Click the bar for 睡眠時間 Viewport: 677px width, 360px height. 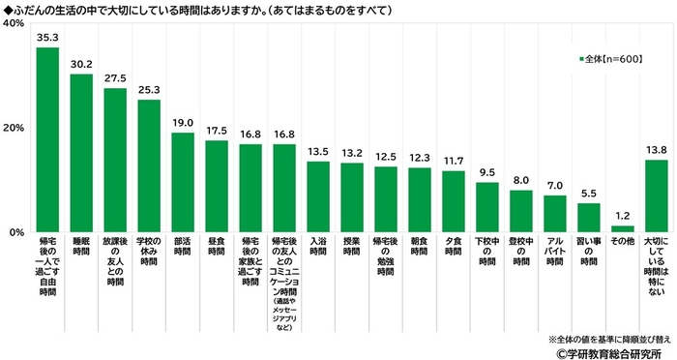coord(81,153)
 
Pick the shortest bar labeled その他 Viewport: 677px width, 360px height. coord(623,229)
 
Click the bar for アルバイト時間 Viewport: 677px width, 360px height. coord(555,214)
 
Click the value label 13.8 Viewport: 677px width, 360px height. coord(656,151)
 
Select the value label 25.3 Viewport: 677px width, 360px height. coord(149,91)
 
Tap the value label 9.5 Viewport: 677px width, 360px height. coord(487,173)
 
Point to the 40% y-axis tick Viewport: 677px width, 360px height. coord(15,23)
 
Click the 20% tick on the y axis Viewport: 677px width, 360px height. coord(15,128)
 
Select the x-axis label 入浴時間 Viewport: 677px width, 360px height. coord(318,250)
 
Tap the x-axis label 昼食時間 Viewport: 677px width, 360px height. coord(217,250)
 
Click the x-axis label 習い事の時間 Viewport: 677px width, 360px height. coord(589,250)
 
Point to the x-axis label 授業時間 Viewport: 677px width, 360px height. coord(352,250)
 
